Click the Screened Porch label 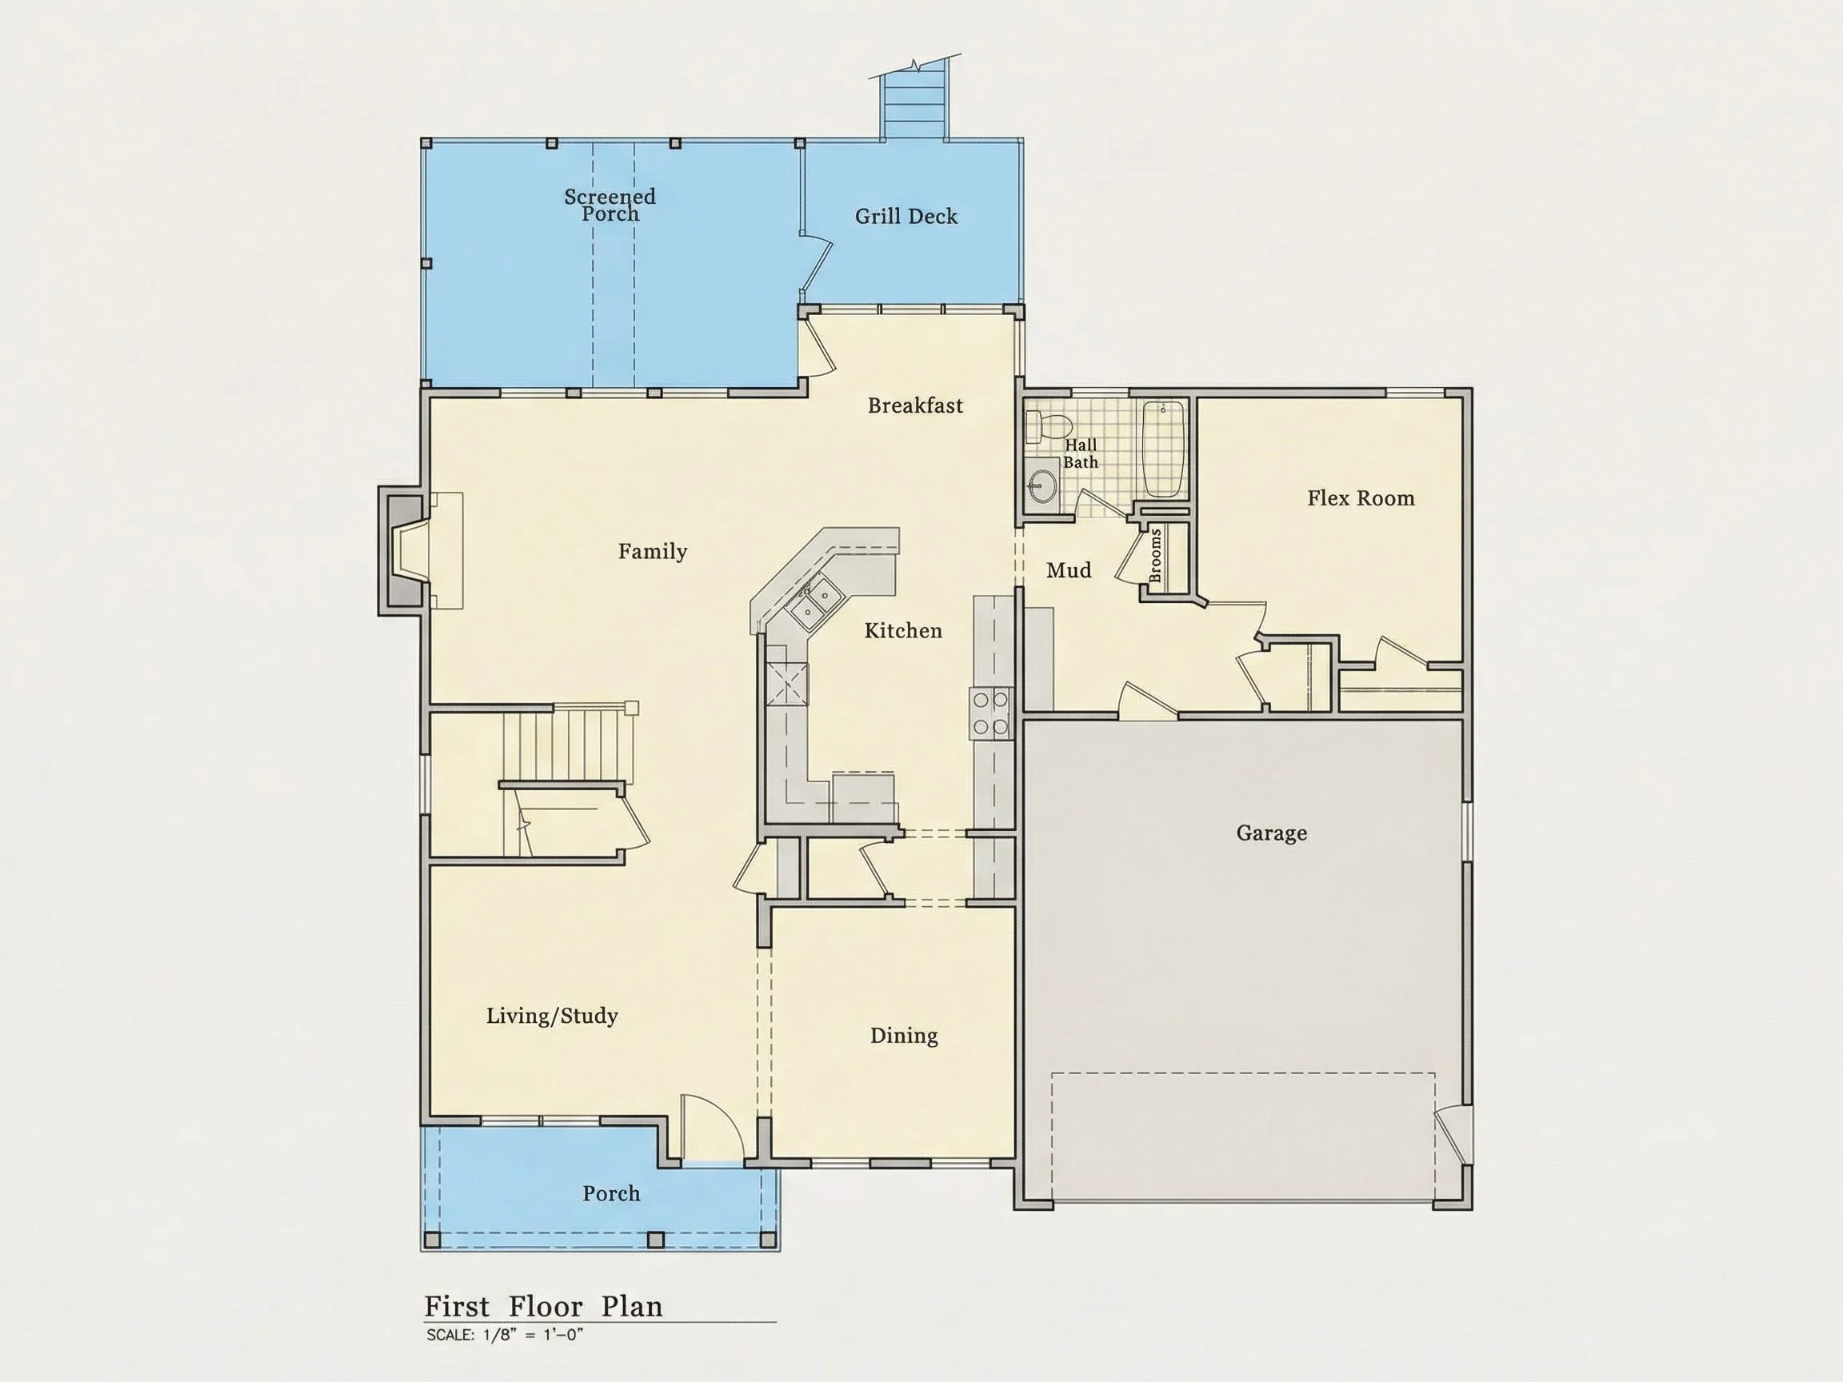click(x=610, y=205)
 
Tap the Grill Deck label click(x=906, y=217)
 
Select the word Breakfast click(x=915, y=405)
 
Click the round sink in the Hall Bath click(x=1041, y=482)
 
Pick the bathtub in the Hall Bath click(x=1163, y=448)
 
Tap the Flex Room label click(x=1361, y=498)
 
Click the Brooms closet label click(x=1155, y=556)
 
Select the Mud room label click(x=1068, y=569)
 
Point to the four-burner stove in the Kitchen click(x=989, y=713)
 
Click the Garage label click(x=1271, y=833)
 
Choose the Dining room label click(x=904, y=1036)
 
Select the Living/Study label click(x=552, y=1016)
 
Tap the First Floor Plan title click(x=543, y=1306)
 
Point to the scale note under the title click(x=504, y=1335)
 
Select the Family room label click(x=653, y=552)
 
